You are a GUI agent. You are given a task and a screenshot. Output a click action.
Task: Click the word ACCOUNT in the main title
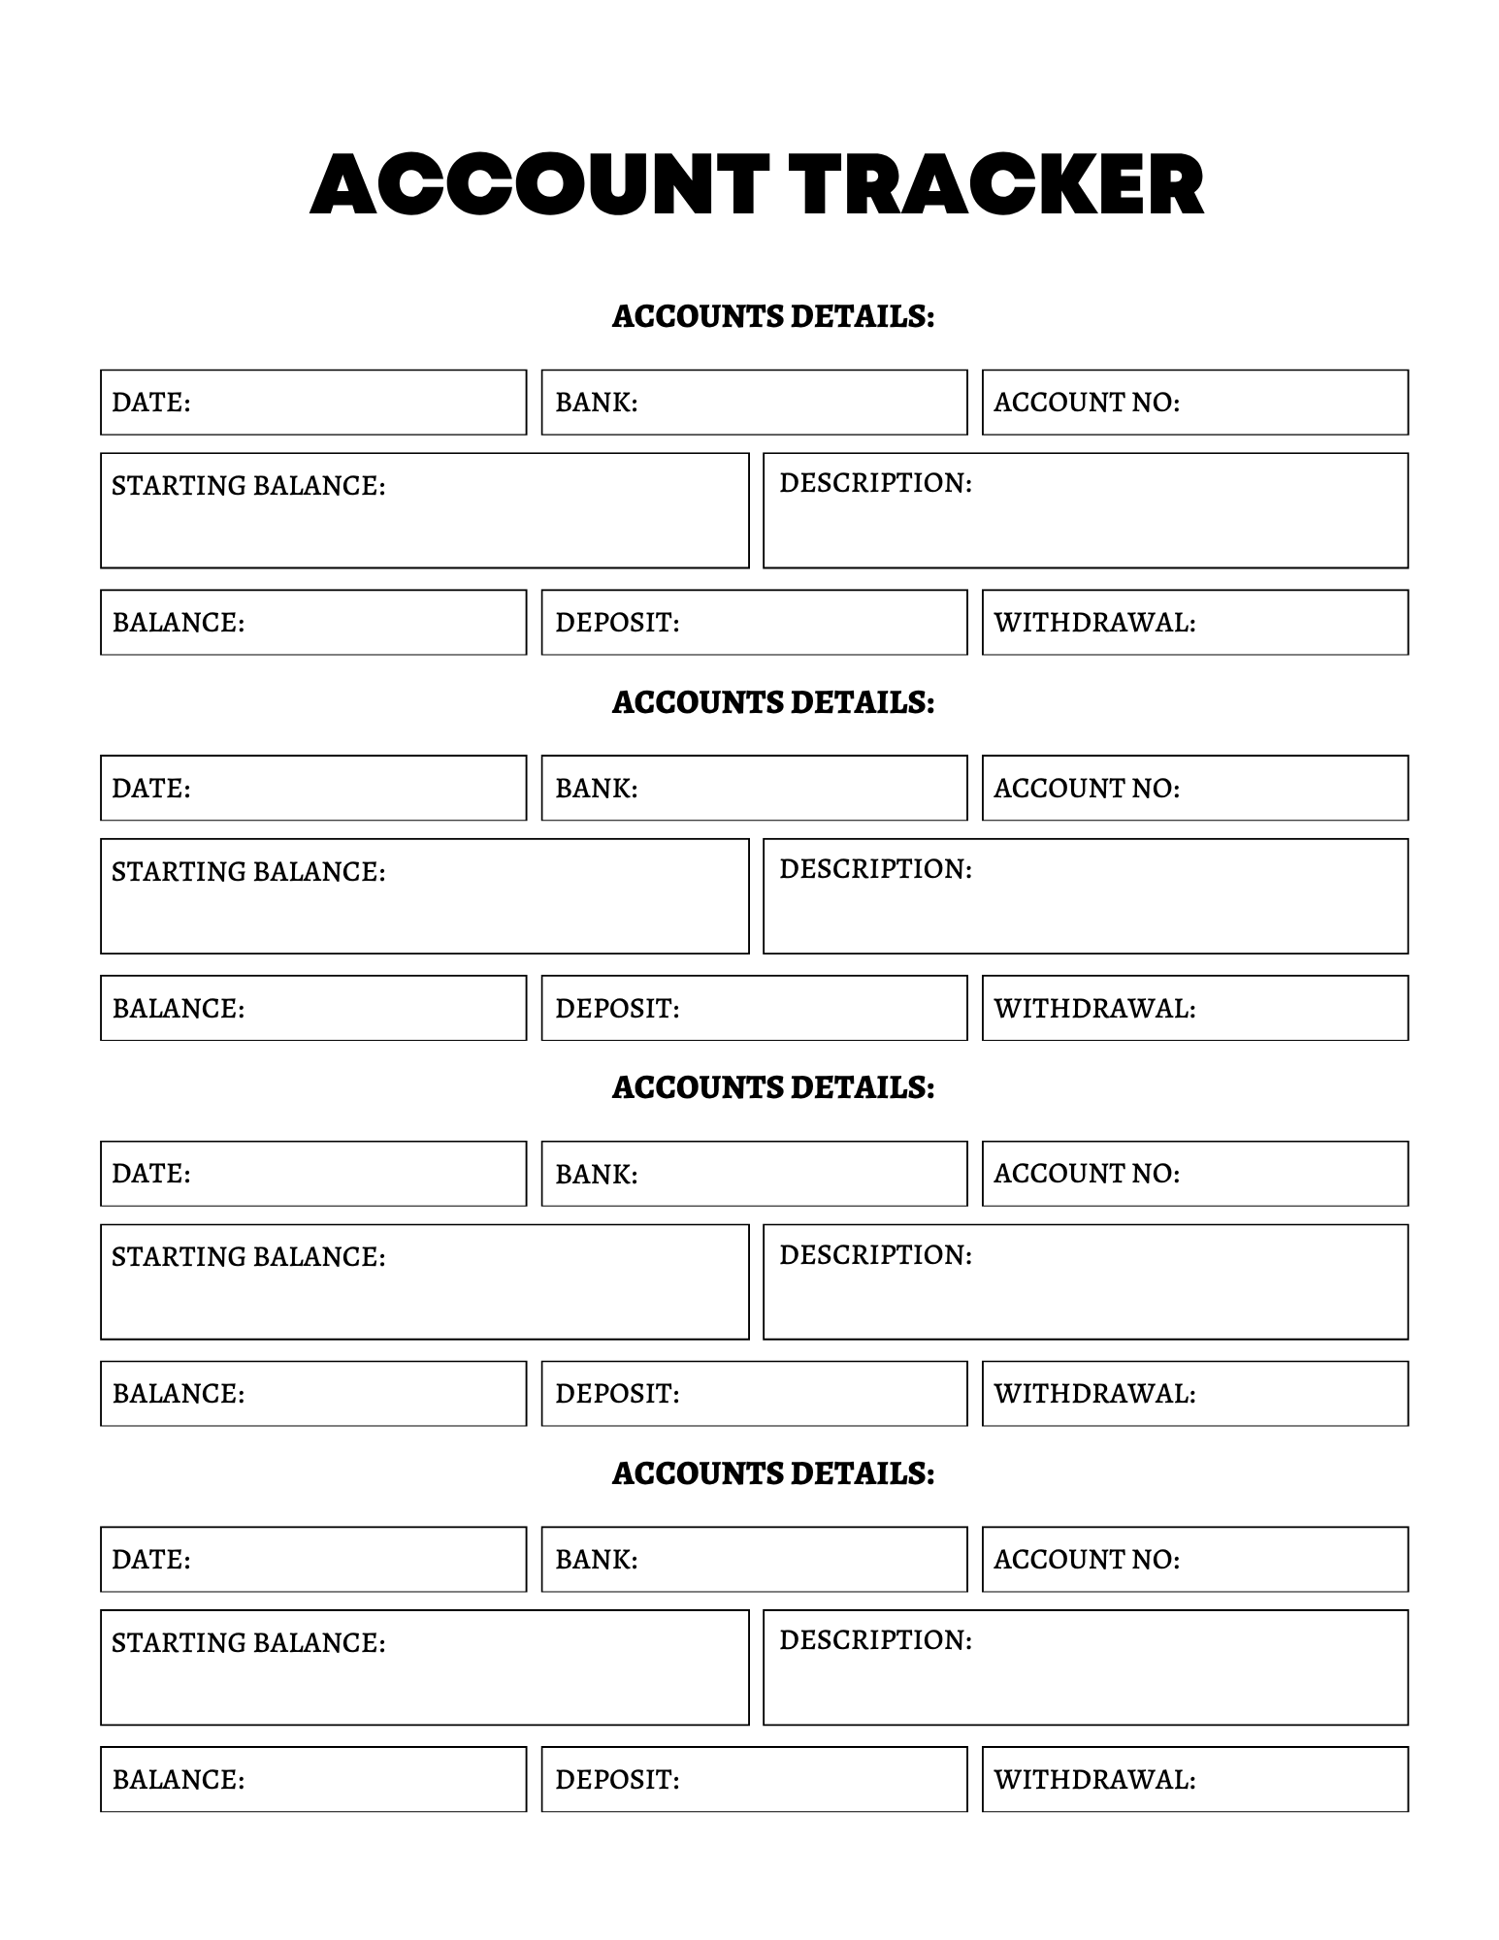tap(538, 184)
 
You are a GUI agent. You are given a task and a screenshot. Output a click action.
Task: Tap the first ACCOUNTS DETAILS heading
tap(772, 317)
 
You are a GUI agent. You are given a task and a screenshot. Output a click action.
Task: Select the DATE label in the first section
tap(151, 403)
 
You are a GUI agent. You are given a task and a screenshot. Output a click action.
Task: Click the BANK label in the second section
tap(596, 789)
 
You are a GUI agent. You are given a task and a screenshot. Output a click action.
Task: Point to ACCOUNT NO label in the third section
tap(1086, 1174)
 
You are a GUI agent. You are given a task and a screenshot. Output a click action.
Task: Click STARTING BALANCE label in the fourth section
tap(248, 1643)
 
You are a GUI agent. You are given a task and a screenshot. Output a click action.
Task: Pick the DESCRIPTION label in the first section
tap(875, 483)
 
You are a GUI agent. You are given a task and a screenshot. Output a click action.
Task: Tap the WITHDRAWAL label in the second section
tap(1093, 1009)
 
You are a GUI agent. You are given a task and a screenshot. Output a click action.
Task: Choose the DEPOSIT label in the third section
tap(617, 1394)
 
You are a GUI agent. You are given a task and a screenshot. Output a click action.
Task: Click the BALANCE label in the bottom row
tap(179, 1780)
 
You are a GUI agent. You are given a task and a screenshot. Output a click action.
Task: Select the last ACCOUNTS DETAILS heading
tap(772, 1474)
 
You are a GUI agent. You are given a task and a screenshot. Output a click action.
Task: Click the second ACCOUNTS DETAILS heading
tap(772, 703)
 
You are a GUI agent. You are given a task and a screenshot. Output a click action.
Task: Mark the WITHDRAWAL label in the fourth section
tap(1093, 1780)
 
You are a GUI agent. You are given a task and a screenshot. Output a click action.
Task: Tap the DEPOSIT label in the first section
tap(617, 623)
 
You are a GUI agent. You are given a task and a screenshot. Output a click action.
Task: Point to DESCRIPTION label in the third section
tap(875, 1255)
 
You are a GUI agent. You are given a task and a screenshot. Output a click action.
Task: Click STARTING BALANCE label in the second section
tap(248, 872)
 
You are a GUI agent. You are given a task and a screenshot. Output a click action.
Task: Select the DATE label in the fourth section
tap(151, 1560)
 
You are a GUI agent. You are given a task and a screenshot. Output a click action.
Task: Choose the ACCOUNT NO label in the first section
tap(1086, 403)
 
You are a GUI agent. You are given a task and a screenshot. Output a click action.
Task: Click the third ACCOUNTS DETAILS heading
tap(772, 1088)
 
